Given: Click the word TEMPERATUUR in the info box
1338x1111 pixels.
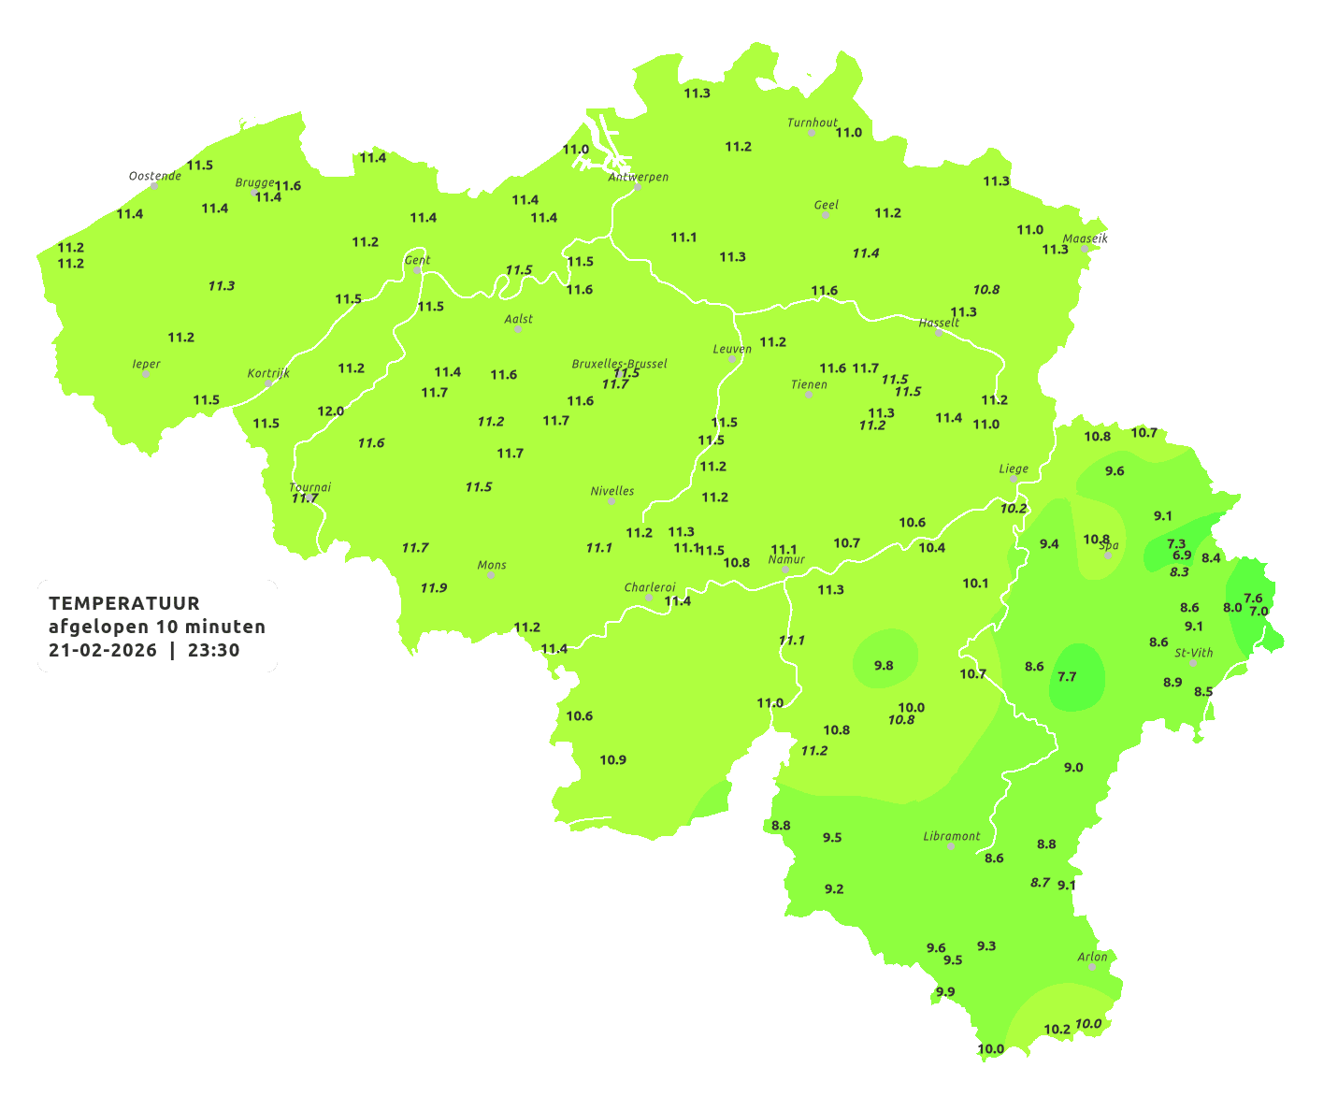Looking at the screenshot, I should coord(124,603).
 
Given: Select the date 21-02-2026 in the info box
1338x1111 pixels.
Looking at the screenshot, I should coord(103,651).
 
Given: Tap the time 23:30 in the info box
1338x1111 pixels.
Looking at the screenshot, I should coord(213,651).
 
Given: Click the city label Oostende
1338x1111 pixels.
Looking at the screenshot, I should coord(154,176).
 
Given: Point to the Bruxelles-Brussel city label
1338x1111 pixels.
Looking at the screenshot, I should coord(619,363).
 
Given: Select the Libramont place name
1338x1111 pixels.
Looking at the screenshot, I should coord(951,836).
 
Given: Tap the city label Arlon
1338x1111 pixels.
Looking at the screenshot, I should coord(1092,957).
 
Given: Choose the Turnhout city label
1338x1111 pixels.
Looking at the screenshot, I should coord(812,123).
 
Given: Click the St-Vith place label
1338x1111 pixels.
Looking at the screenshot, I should coord(1193,653).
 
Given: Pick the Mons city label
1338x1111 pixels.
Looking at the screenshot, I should coord(492,565).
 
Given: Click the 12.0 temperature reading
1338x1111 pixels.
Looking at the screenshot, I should coord(330,411).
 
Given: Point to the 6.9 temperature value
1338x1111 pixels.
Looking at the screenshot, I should coord(1182,555).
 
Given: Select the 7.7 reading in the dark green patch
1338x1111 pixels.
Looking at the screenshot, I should coord(1067,677).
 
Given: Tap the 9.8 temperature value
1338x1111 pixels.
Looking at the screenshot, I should coord(884,666).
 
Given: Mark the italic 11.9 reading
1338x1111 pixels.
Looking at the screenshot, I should coord(433,588).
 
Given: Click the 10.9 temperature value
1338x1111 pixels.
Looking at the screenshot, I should coord(612,760).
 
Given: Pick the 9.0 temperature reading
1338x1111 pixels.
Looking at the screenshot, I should coord(1073,768).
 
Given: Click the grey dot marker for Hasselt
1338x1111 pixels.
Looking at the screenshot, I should coord(939,333).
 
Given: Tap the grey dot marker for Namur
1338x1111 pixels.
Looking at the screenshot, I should coord(785,570).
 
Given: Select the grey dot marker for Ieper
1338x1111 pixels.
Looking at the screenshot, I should coord(145,374).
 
